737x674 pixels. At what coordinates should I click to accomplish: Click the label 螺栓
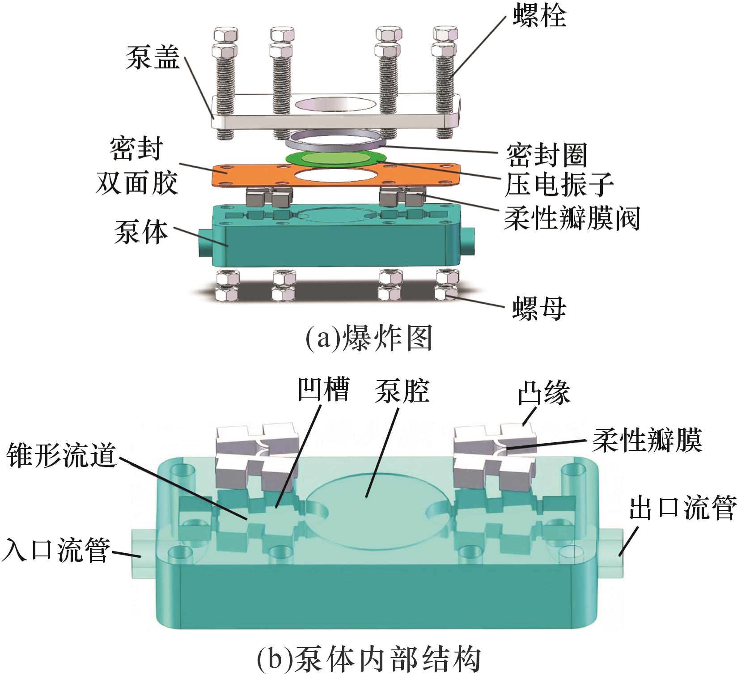point(539,17)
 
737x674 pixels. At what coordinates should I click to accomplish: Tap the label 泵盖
point(152,59)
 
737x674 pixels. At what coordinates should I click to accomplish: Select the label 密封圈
point(546,155)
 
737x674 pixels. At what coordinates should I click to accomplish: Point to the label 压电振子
point(559,185)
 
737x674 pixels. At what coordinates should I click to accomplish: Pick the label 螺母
point(539,308)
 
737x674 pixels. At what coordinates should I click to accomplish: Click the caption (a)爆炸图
point(368,339)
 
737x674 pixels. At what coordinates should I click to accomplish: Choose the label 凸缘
point(544,394)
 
